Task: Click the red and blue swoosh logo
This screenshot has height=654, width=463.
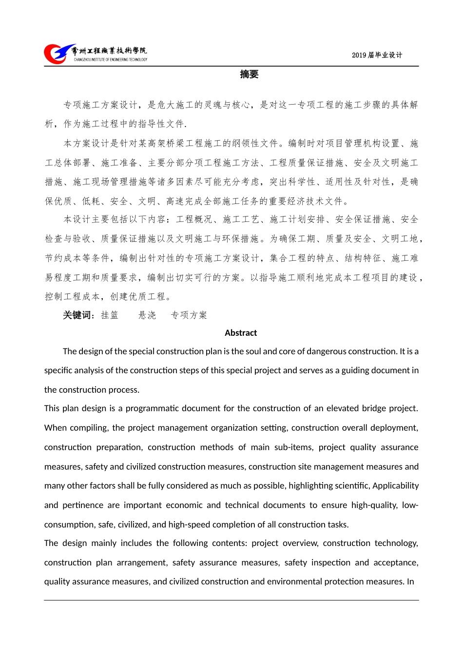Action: click(58, 54)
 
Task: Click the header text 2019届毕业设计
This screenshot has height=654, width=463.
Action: click(377, 55)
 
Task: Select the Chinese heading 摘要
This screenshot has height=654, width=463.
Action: click(249, 74)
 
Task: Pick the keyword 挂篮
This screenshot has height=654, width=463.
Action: click(110, 315)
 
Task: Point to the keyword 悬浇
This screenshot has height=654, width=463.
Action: click(147, 315)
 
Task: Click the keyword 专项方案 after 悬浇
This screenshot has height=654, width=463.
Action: click(189, 315)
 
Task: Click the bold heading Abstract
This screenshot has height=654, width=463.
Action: click(241, 333)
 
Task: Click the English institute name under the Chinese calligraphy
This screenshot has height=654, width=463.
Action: click(111, 60)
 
